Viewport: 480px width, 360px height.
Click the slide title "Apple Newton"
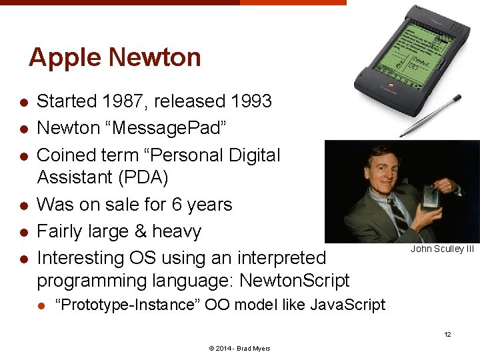point(115,57)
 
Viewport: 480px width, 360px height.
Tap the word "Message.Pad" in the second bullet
point(170,128)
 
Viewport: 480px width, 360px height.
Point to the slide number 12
point(448,334)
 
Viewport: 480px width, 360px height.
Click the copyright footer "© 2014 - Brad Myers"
point(240,349)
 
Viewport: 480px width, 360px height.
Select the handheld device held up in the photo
point(429,198)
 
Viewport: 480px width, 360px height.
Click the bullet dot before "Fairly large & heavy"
point(23,232)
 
